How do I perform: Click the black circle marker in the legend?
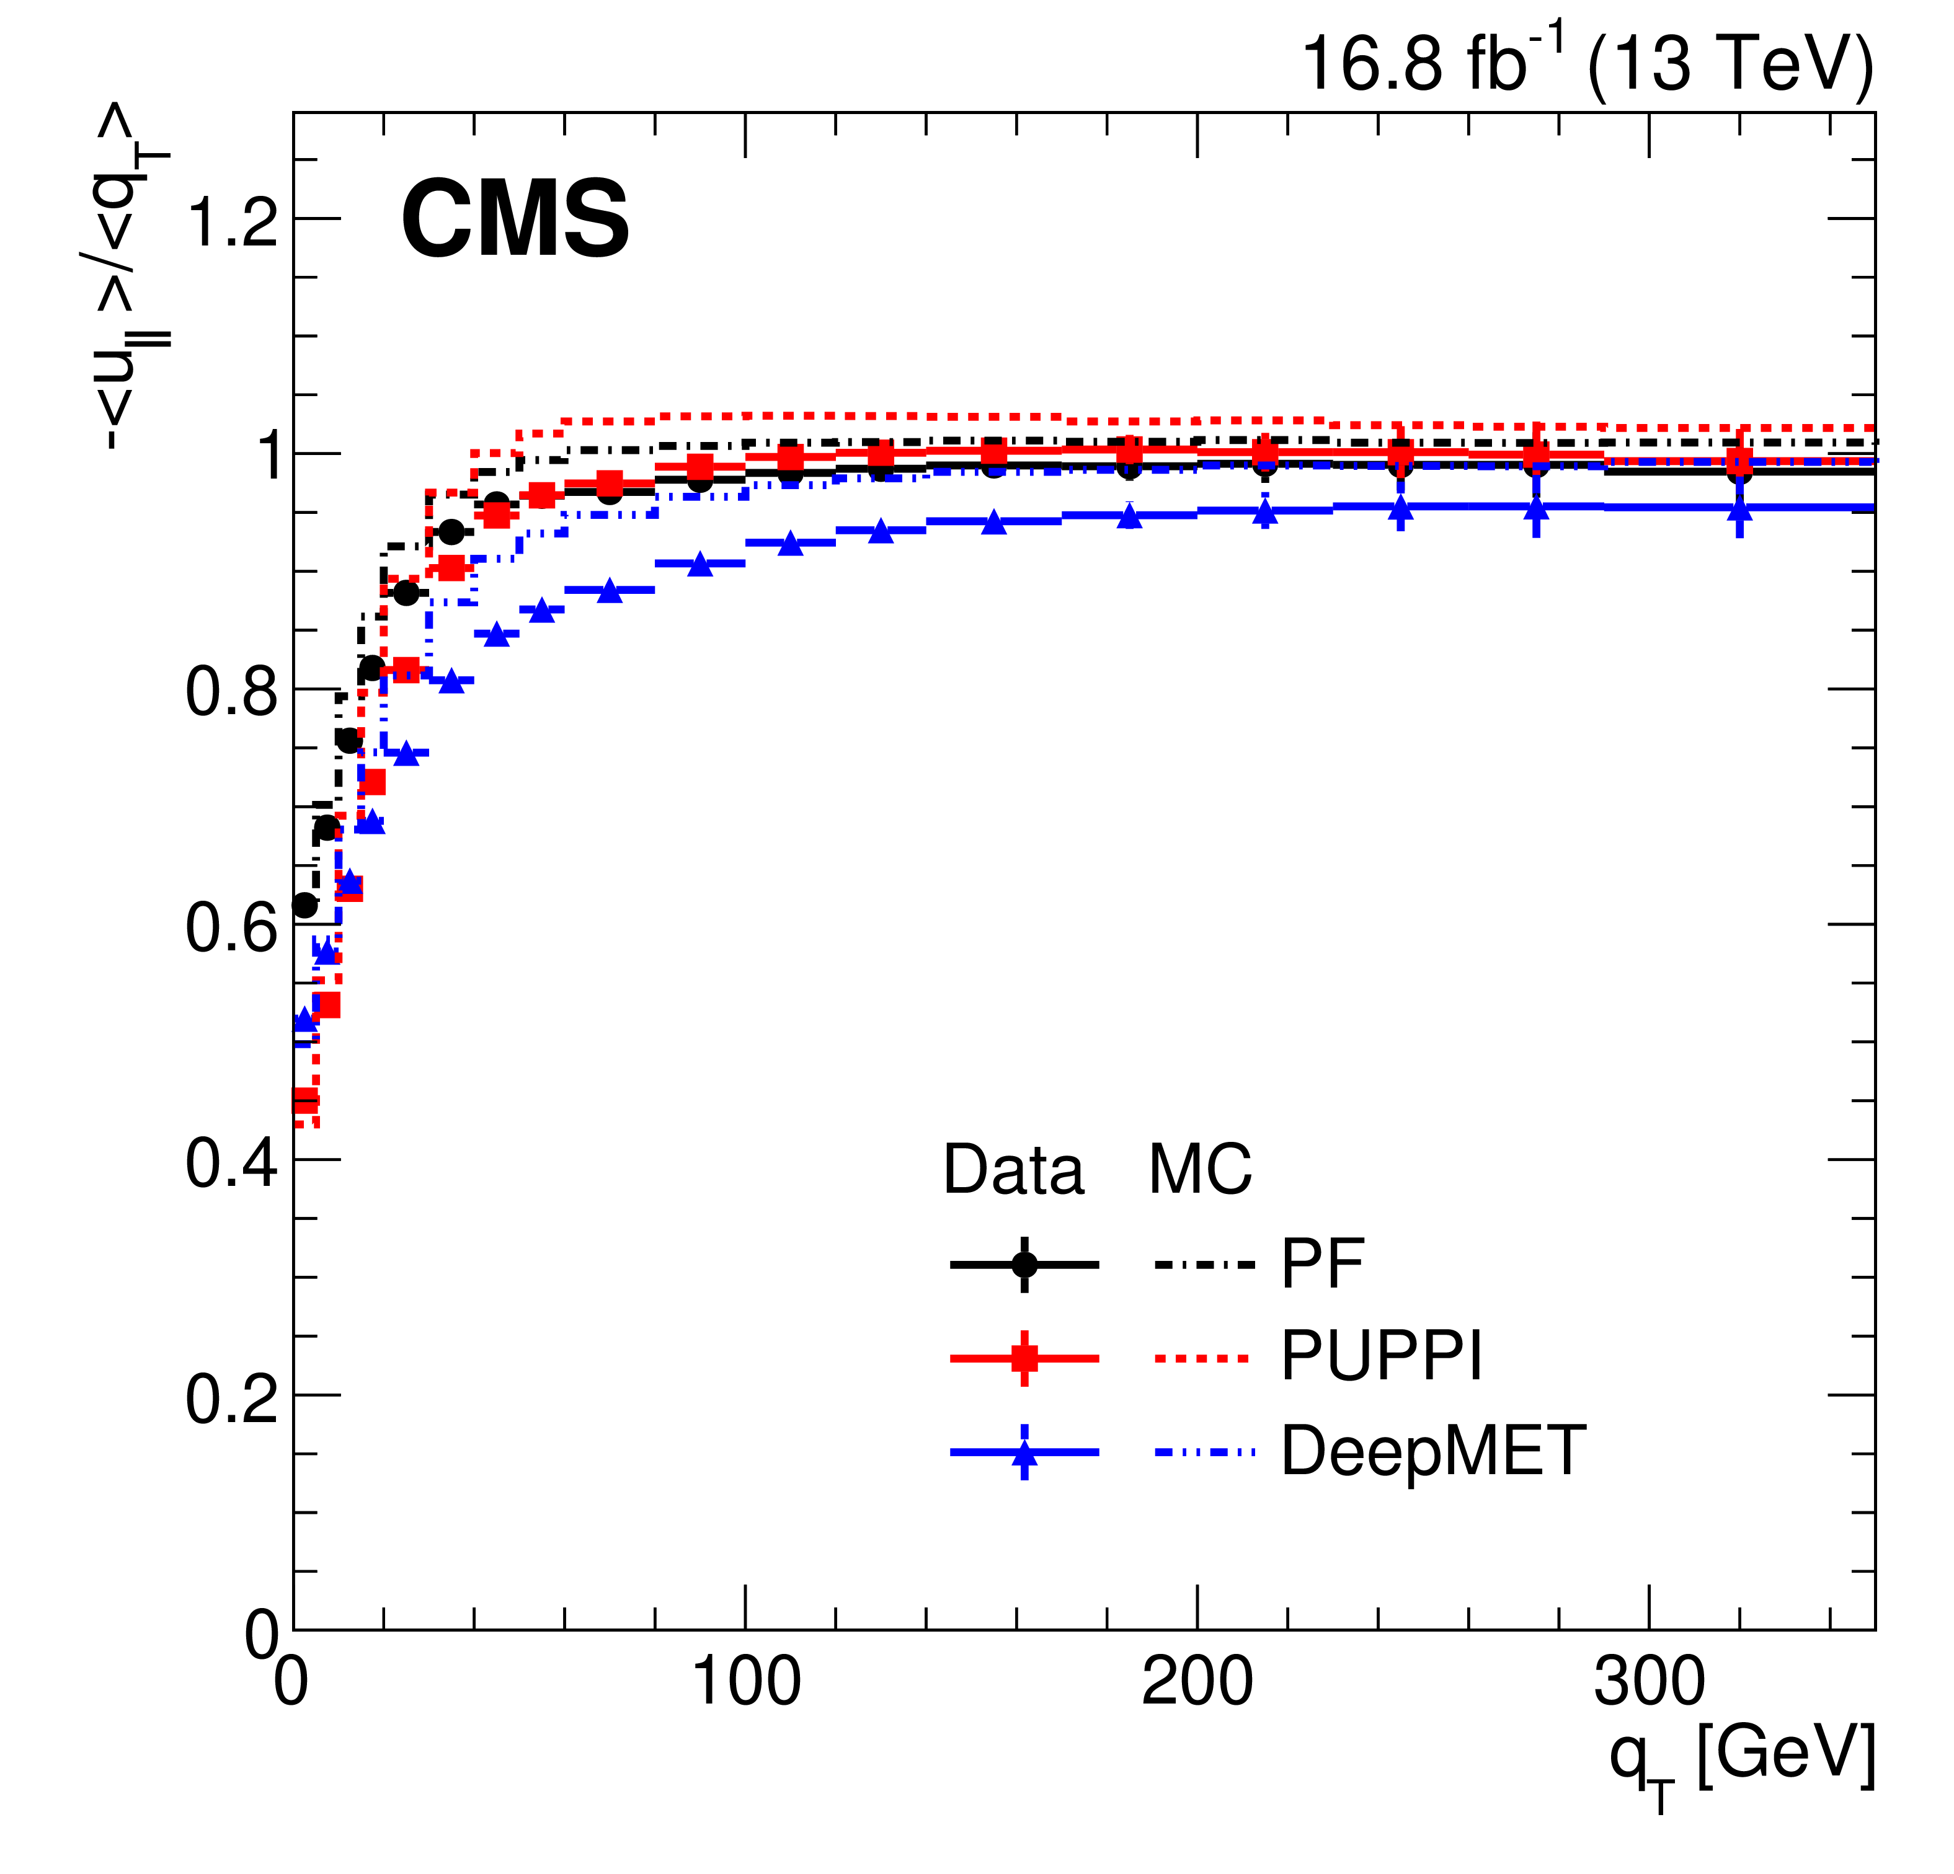(1024, 1264)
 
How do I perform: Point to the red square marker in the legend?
(1024, 1358)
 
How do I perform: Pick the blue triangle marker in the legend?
(1024, 1453)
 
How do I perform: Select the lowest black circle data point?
(304, 906)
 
